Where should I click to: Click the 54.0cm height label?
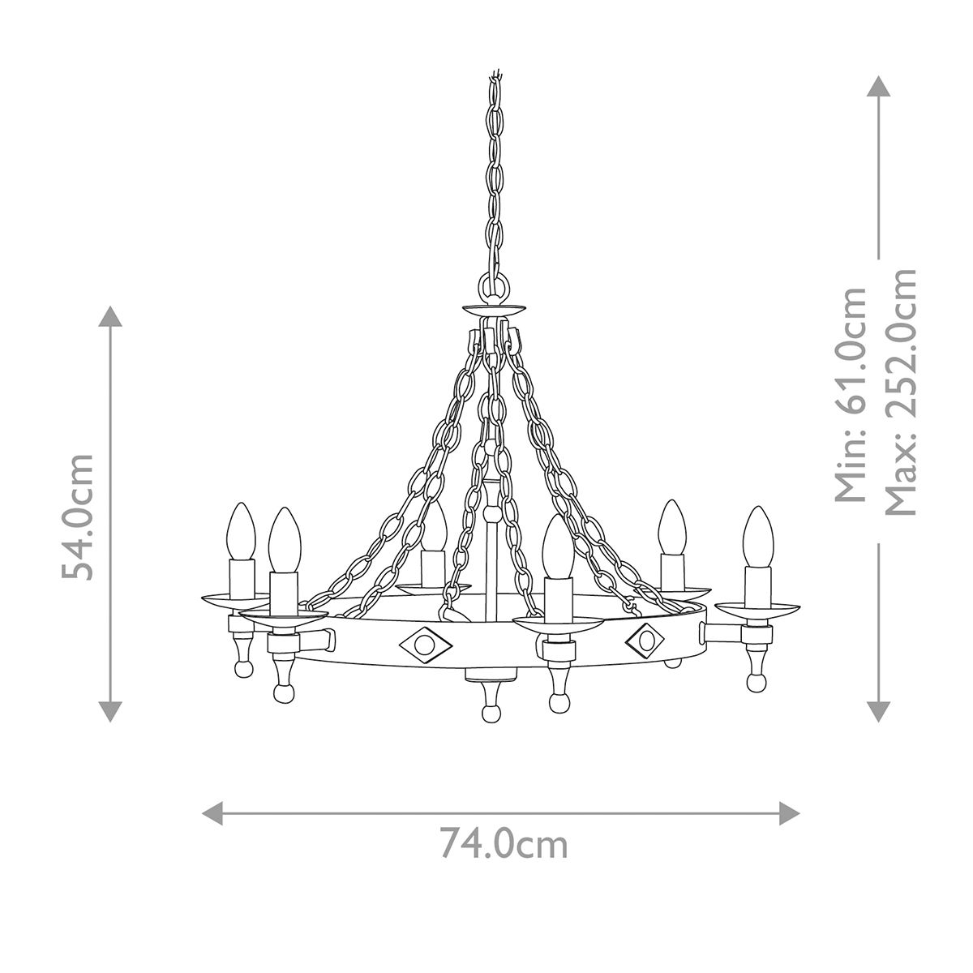pos(79,517)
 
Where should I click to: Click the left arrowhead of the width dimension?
pos(212,812)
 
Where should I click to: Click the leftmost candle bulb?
pos(241,531)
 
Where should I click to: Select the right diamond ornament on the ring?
pos(646,641)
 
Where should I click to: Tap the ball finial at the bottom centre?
pos(490,713)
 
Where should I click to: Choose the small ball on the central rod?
pos(491,515)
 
